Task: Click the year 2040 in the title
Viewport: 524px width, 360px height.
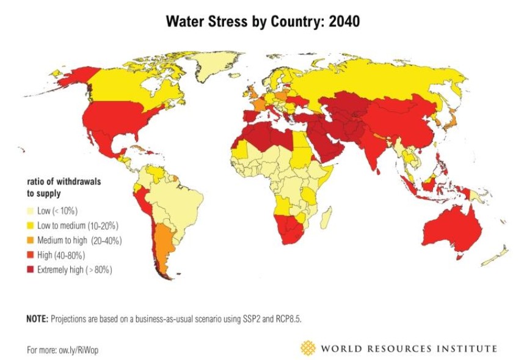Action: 344,21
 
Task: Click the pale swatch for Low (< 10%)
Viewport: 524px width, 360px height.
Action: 31,211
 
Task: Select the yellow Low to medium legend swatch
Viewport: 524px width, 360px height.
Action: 31,226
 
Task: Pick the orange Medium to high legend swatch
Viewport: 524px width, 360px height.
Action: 31,240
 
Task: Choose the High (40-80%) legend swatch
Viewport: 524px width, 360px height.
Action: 31,255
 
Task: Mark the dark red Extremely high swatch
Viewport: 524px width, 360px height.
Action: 31,270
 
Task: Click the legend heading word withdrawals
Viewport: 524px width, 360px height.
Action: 79,182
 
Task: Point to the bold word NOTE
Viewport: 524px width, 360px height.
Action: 37,318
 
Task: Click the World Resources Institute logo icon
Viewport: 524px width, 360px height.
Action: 308,348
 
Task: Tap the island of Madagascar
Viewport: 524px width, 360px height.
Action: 327,218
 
